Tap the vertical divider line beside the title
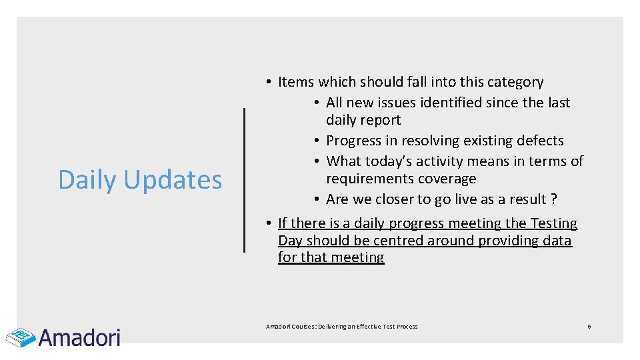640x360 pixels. click(x=244, y=180)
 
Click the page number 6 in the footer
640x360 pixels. click(x=589, y=326)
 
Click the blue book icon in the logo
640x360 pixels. click(x=20, y=337)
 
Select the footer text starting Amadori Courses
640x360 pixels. click(x=341, y=327)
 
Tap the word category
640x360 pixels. click(x=515, y=82)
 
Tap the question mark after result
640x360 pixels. click(x=554, y=199)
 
